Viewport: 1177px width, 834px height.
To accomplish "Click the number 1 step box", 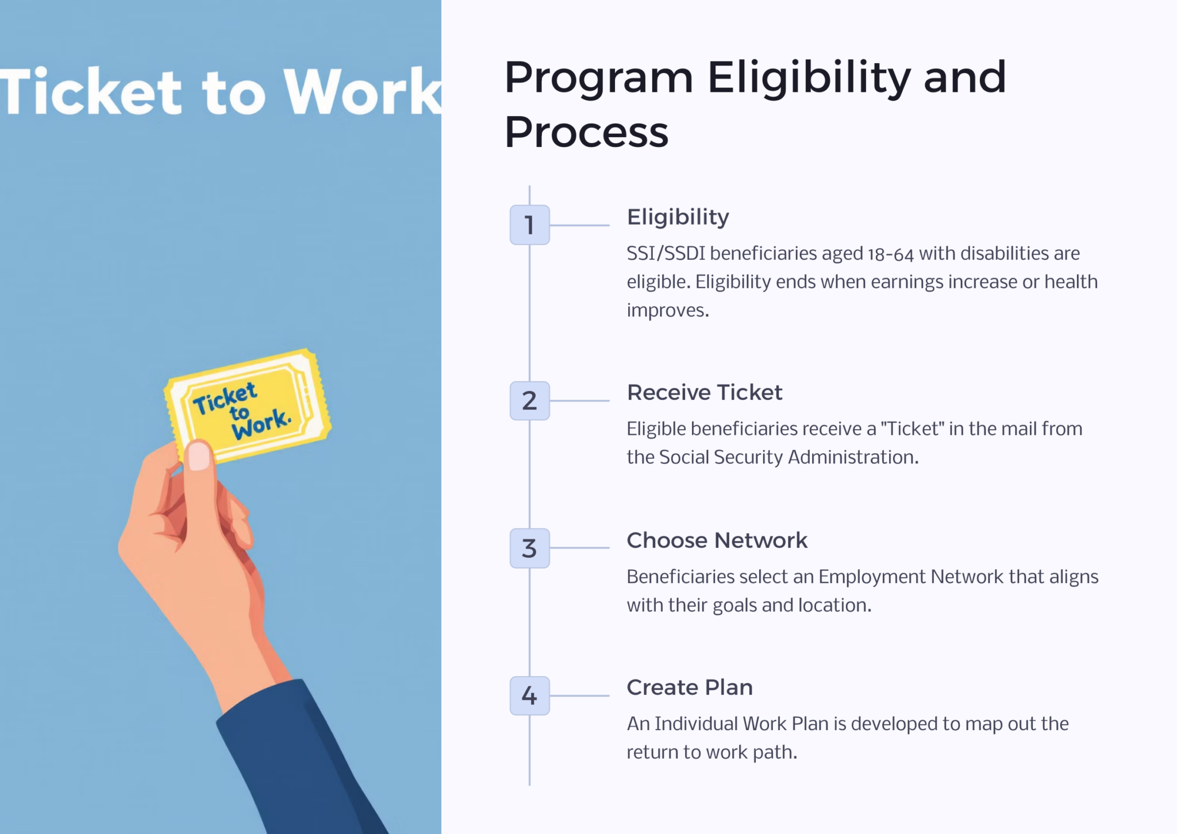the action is click(529, 225).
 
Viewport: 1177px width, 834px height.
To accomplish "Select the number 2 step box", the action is click(529, 400).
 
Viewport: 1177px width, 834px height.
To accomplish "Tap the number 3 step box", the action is click(529, 548).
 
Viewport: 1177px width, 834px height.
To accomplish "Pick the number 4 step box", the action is click(529, 696).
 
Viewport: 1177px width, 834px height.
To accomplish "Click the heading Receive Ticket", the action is click(705, 392).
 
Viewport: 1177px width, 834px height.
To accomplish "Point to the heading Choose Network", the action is click(717, 540).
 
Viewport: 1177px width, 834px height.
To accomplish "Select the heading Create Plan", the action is click(690, 687).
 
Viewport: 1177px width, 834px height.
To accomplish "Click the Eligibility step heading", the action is click(678, 218).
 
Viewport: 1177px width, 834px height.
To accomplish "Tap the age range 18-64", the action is click(890, 254).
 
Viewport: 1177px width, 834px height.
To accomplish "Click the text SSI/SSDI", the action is click(666, 253).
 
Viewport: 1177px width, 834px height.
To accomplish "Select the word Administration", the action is click(853, 457).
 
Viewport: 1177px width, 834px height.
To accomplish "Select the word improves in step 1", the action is click(668, 311).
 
